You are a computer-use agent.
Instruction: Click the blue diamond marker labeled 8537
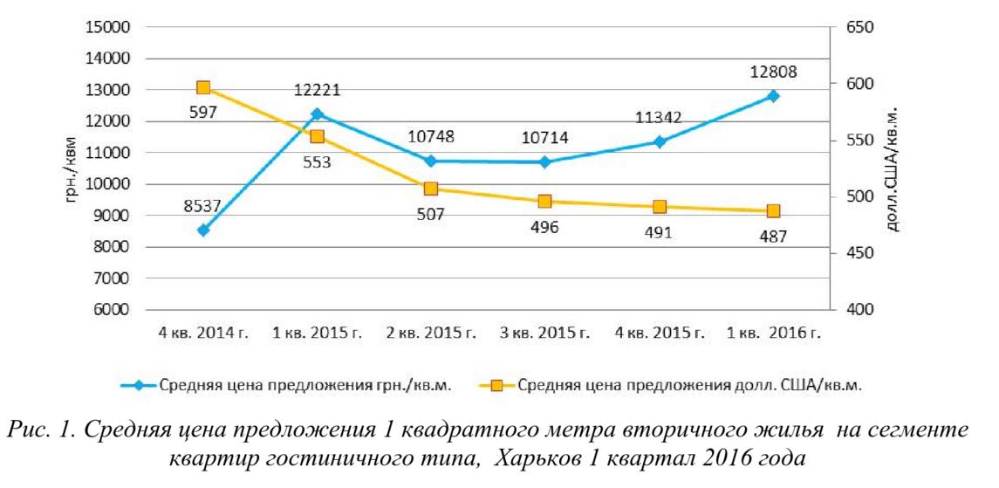(x=203, y=230)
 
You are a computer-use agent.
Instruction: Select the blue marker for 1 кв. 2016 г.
(x=773, y=96)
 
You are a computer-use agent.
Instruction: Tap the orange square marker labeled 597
(x=203, y=87)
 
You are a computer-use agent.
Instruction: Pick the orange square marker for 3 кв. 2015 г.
(x=544, y=202)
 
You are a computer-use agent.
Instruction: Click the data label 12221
(x=316, y=90)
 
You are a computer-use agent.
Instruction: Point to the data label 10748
(x=430, y=137)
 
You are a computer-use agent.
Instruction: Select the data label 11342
(x=659, y=118)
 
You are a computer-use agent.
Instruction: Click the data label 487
(x=773, y=236)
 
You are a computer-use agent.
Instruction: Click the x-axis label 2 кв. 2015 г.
(x=430, y=333)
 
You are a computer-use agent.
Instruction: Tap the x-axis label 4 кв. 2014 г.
(x=202, y=333)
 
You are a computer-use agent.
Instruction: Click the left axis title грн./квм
(x=72, y=169)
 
